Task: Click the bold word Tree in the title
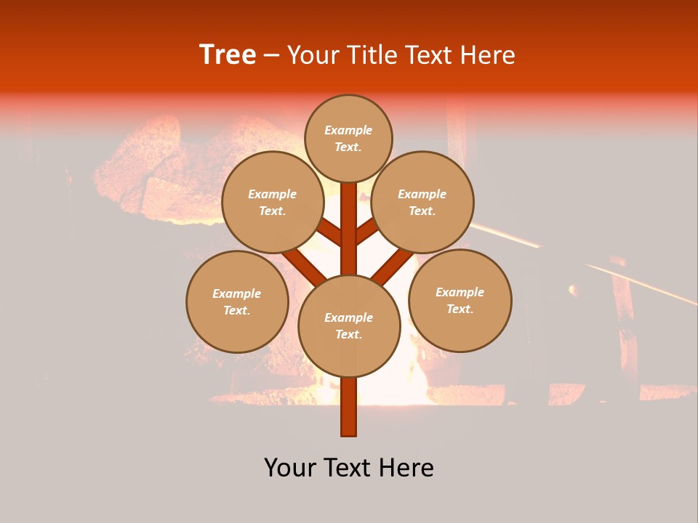(228, 55)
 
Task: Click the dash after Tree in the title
(272, 56)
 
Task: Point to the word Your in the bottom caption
(290, 468)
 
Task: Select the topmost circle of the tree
(348, 138)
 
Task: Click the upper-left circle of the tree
(272, 202)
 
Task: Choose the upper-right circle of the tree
(422, 202)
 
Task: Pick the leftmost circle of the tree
(237, 301)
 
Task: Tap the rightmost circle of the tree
(460, 300)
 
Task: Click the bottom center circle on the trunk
(349, 325)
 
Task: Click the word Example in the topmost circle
(348, 130)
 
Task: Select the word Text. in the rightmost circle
(460, 309)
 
